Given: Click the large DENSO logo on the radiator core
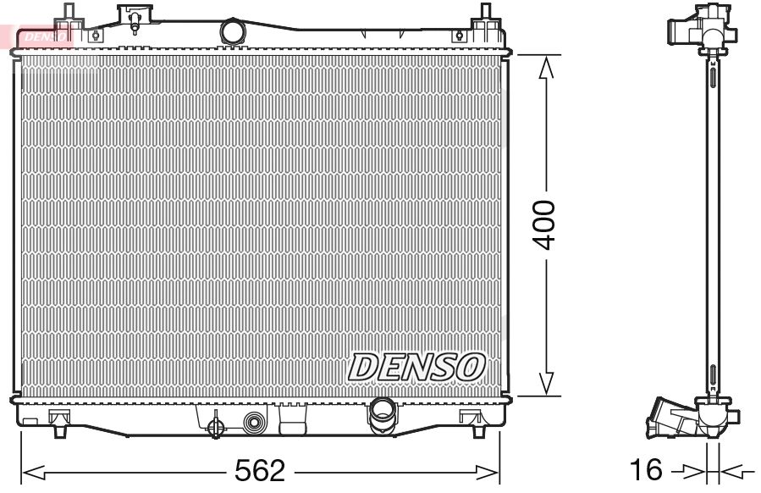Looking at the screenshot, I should click(416, 366).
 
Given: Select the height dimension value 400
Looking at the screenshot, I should click(546, 224).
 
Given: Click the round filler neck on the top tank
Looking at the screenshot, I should click(231, 32).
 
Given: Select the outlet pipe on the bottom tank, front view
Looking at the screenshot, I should click(381, 413).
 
